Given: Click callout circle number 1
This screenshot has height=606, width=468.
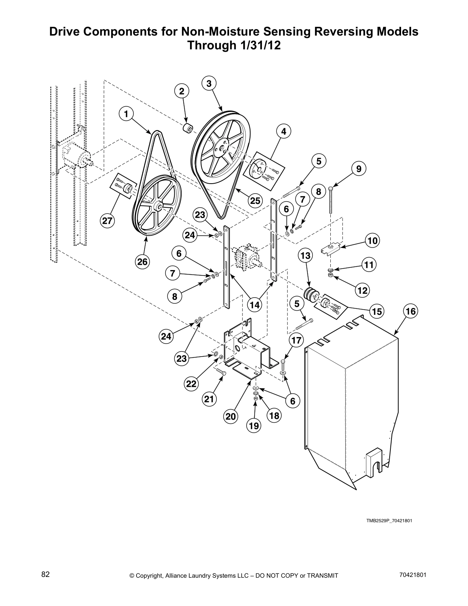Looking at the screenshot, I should coord(127,113).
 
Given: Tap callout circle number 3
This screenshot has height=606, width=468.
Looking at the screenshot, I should coord(209,83).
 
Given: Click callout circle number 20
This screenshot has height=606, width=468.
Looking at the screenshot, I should coord(231,416).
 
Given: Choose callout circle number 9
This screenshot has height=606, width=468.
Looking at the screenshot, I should coord(359,168).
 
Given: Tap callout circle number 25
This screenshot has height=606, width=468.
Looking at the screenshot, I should coord(255,200).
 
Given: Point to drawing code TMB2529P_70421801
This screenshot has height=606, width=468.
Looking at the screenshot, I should coord(389,521).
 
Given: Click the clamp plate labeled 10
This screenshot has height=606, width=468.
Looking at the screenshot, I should coord(331,249).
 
